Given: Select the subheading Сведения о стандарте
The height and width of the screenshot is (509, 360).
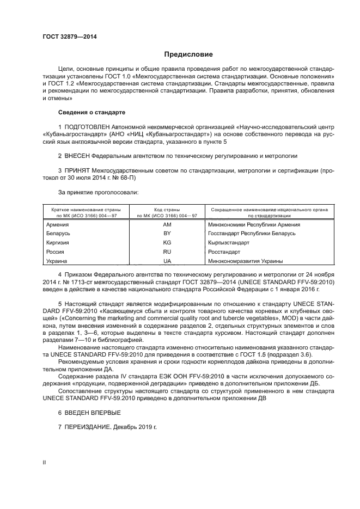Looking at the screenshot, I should (x=91, y=112).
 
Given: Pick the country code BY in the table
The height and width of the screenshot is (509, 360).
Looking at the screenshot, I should (x=167, y=233).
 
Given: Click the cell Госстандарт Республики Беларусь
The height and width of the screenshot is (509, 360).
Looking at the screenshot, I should (x=252, y=233).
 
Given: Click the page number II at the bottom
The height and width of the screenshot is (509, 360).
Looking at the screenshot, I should (x=44, y=462).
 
